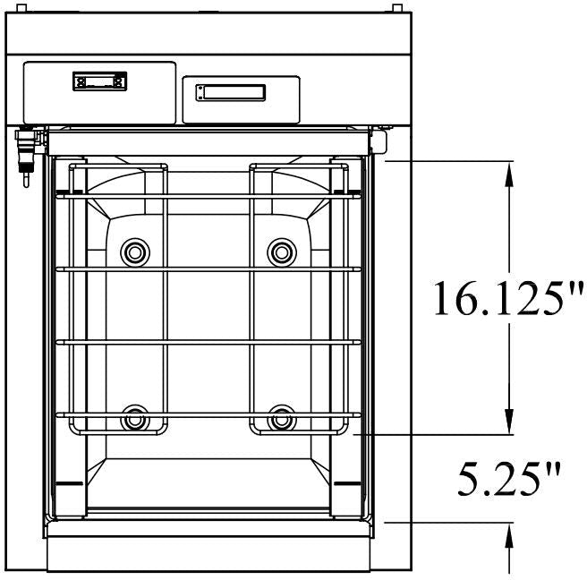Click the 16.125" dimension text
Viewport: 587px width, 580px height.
pyautogui.click(x=507, y=298)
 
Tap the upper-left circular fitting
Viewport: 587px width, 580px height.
pyautogui.click(x=136, y=252)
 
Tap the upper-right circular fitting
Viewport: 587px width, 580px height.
pyautogui.click(x=282, y=252)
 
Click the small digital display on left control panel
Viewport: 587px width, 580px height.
pyautogui.click(x=98, y=82)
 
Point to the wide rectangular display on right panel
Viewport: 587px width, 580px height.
pyautogui.click(x=231, y=92)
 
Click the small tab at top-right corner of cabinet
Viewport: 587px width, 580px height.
pyautogui.click(x=395, y=7)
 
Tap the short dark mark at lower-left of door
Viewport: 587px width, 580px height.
pyautogui.click(x=70, y=483)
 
